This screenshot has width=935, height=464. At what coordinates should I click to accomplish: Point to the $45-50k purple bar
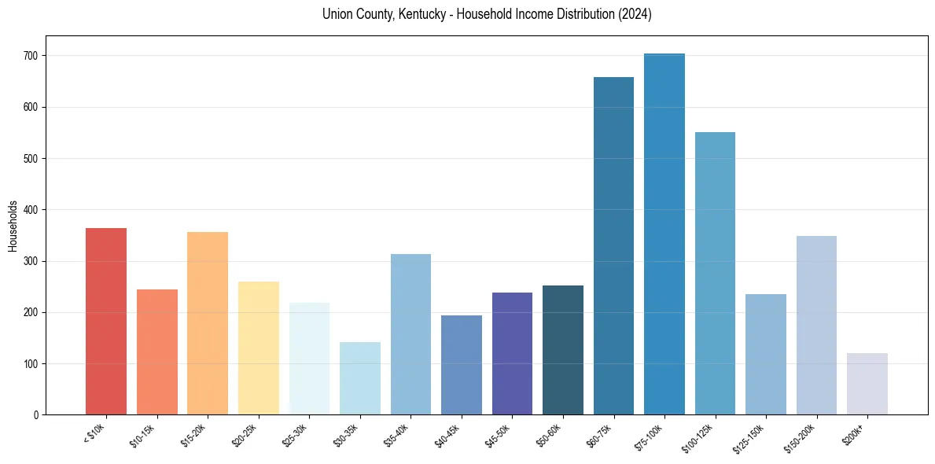512,354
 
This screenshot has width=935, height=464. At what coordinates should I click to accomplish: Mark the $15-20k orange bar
208,323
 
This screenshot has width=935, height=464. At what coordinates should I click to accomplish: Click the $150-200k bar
816,326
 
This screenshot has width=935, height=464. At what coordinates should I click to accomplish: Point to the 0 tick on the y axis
36,415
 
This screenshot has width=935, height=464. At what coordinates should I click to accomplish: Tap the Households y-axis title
13,226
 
